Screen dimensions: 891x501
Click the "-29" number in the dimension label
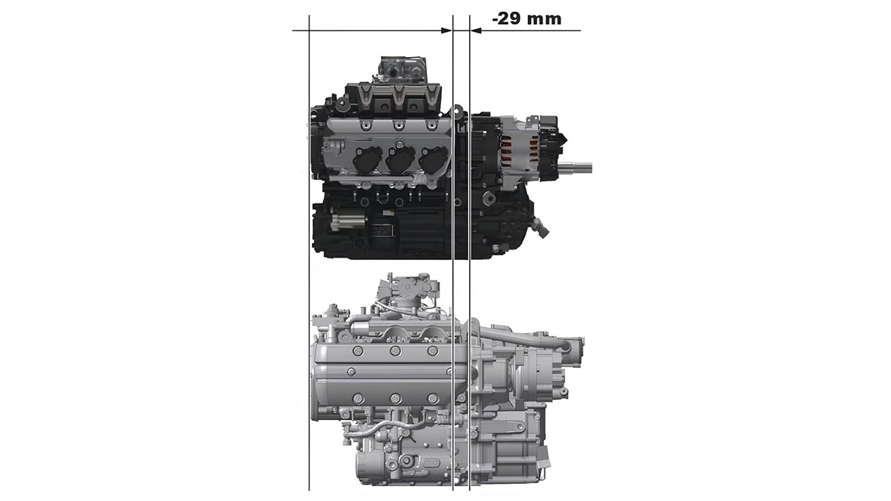pos(506,19)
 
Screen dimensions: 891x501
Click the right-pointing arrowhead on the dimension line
pos(447,30)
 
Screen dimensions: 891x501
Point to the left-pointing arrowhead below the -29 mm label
pos(476,30)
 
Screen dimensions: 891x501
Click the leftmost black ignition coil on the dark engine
pos(363,160)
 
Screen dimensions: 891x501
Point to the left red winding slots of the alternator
pos(506,152)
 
